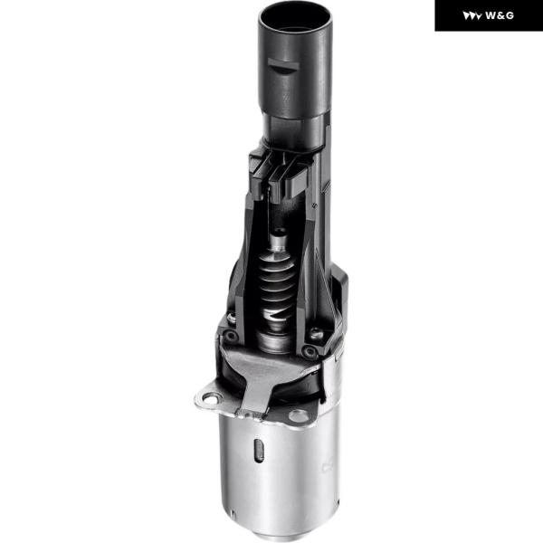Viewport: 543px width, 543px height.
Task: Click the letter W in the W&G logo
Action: tap(491, 15)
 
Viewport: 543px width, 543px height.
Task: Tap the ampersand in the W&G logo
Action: tap(500, 15)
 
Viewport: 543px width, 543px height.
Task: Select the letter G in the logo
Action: tap(509, 15)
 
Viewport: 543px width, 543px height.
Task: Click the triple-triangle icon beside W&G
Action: tap(472, 16)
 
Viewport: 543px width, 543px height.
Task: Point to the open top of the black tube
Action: tap(295, 16)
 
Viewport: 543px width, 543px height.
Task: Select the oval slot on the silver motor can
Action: tap(259, 451)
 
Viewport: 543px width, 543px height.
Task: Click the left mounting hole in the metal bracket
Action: tap(210, 399)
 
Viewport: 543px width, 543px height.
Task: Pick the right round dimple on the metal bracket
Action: tap(298, 414)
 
